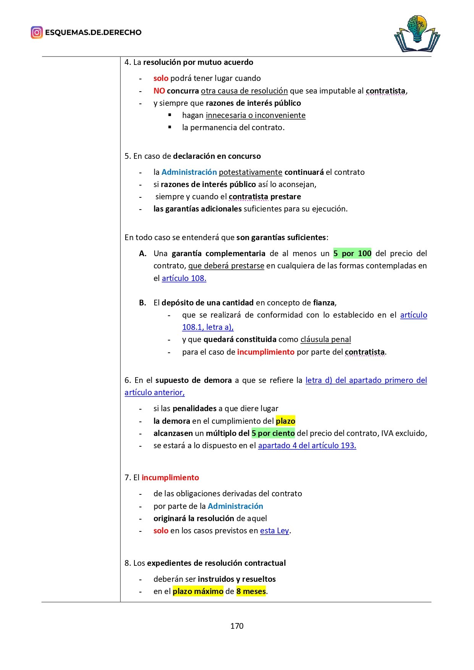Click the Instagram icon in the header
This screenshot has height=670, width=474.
click(x=37, y=32)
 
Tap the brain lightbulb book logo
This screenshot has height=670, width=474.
click(x=417, y=34)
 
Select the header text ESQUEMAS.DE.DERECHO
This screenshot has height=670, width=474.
click(x=93, y=32)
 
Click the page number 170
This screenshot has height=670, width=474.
click(x=237, y=626)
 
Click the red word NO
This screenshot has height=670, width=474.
click(x=159, y=91)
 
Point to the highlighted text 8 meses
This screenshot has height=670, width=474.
click(x=251, y=591)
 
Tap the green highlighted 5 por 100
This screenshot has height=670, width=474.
click(x=352, y=253)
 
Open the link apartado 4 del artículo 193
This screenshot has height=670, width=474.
click(x=307, y=446)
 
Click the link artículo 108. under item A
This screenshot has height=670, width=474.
click(x=184, y=278)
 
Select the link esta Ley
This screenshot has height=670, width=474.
click(x=274, y=531)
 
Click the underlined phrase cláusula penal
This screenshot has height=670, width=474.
click(x=325, y=339)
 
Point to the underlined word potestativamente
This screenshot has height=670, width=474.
click(x=251, y=172)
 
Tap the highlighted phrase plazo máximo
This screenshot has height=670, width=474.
click(x=198, y=591)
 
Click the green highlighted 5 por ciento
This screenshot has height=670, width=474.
click(x=273, y=433)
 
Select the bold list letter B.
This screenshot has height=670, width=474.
click(x=142, y=303)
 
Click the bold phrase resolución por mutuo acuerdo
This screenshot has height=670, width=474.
click(x=198, y=62)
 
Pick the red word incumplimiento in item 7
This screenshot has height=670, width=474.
click(x=170, y=478)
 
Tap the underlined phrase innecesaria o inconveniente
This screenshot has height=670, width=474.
click(x=256, y=115)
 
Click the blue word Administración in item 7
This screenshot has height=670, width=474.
click(x=235, y=506)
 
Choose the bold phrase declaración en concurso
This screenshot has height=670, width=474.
click(x=217, y=156)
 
